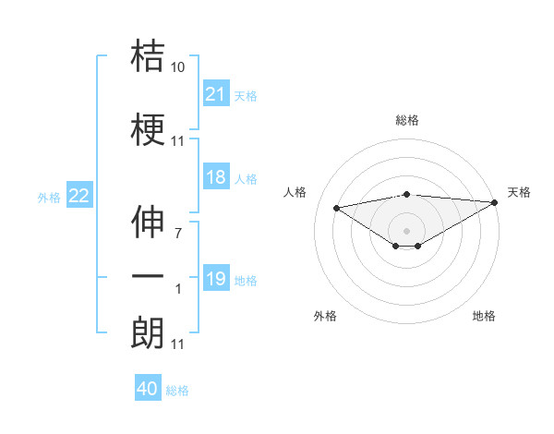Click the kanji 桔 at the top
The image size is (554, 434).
[148, 56]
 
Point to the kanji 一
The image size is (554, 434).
[148, 277]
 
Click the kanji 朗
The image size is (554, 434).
[148, 332]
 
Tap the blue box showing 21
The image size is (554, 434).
[216, 94]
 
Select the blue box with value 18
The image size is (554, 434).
[216, 177]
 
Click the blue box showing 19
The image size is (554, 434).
[216, 279]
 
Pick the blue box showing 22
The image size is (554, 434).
[79, 195]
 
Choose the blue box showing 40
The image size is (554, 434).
[148, 389]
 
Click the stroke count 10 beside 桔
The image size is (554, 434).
[178, 67]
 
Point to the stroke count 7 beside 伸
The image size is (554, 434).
[178, 234]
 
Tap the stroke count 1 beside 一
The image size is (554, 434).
[178, 289]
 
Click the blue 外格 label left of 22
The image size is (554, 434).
[49, 197]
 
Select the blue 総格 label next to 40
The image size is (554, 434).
[177, 391]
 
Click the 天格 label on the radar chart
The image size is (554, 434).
[519, 192]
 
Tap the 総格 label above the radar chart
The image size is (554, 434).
[407, 120]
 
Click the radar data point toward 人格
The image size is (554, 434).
[336, 207]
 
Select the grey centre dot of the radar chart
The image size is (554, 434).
[407, 229]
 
